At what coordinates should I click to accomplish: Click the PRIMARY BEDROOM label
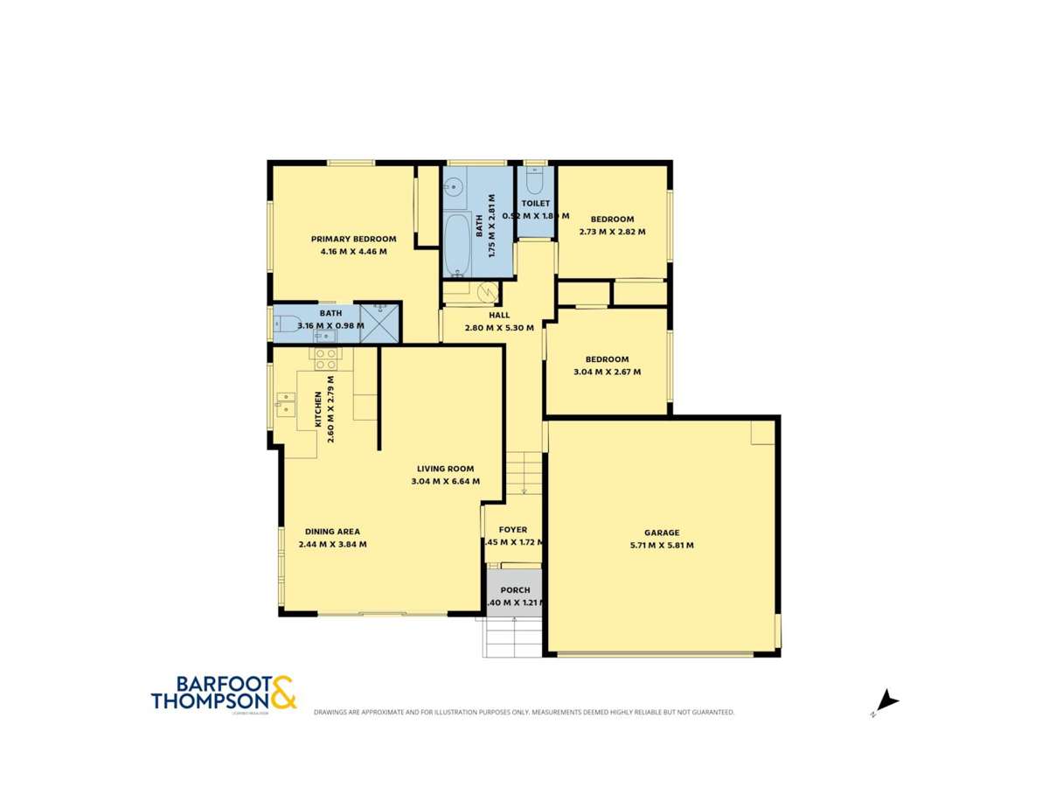point(353,239)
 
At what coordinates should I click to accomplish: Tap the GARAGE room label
point(662,533)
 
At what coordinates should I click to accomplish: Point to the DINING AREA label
point(332,532)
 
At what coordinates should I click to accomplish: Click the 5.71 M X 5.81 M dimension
point(662,546)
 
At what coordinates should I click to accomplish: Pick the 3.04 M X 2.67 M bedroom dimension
point(607,372)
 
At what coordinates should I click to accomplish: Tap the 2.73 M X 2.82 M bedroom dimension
point(612,232)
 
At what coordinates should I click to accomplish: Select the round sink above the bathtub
point(453,185)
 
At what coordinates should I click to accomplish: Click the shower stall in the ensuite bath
point(379,323)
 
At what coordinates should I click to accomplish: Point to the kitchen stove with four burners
point(326,359)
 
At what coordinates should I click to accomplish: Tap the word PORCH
point(516,590)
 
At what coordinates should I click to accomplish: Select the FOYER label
point(513,530)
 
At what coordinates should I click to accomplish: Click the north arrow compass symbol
point(887,701)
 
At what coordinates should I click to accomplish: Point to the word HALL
point(499,316)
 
